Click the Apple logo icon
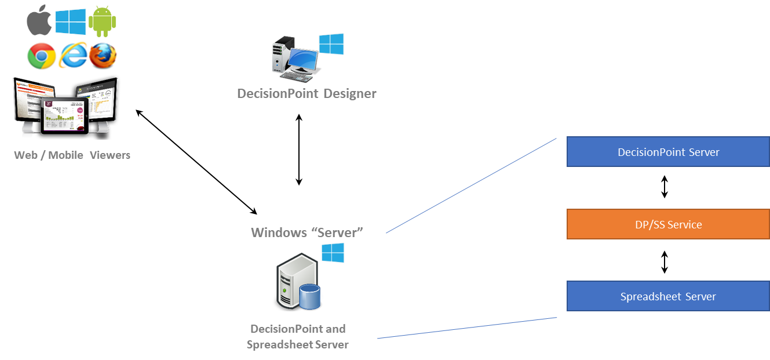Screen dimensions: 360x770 pyautogui.click(x=39, y=21)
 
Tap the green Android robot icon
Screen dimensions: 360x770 pyautogui.click(x=103, y=20)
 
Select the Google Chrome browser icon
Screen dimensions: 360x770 pyautogui.click(x=41, y=56)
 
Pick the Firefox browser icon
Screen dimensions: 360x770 pyautogui.click(x=103, y=56)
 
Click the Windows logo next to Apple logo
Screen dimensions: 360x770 pyautogui.click(x=71, y=21)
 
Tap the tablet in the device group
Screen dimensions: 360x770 pyautogui.click(x=64, y=116)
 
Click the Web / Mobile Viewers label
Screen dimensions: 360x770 pyautogui.click(x=72, y=155)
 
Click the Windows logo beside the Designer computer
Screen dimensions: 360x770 pyautogui.click(x=331, y=44)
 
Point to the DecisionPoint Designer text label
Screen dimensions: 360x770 pyautogui.click(x=306, y=93)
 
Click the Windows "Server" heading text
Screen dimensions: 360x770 pyautogui.click(x=306, y=232)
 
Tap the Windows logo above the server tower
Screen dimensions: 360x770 pyautogui.click(x=333, y=253)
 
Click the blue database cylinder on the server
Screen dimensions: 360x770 pyautogui.click(x=310, y=296)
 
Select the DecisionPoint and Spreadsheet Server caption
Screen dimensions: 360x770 pyautogui.click(x=298, y=336)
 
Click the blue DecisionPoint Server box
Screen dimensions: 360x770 pyautogui.click(x=668, y=152)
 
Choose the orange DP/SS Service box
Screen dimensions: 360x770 pyautogui.click(x=668, y=224)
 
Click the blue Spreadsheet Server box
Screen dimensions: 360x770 pyautogui.click(x=668, y=296)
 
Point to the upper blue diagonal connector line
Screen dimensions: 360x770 pyautogui.click(x=471, y=186)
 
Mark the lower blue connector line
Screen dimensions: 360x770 pyautogui.click(x=467, y=328)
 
